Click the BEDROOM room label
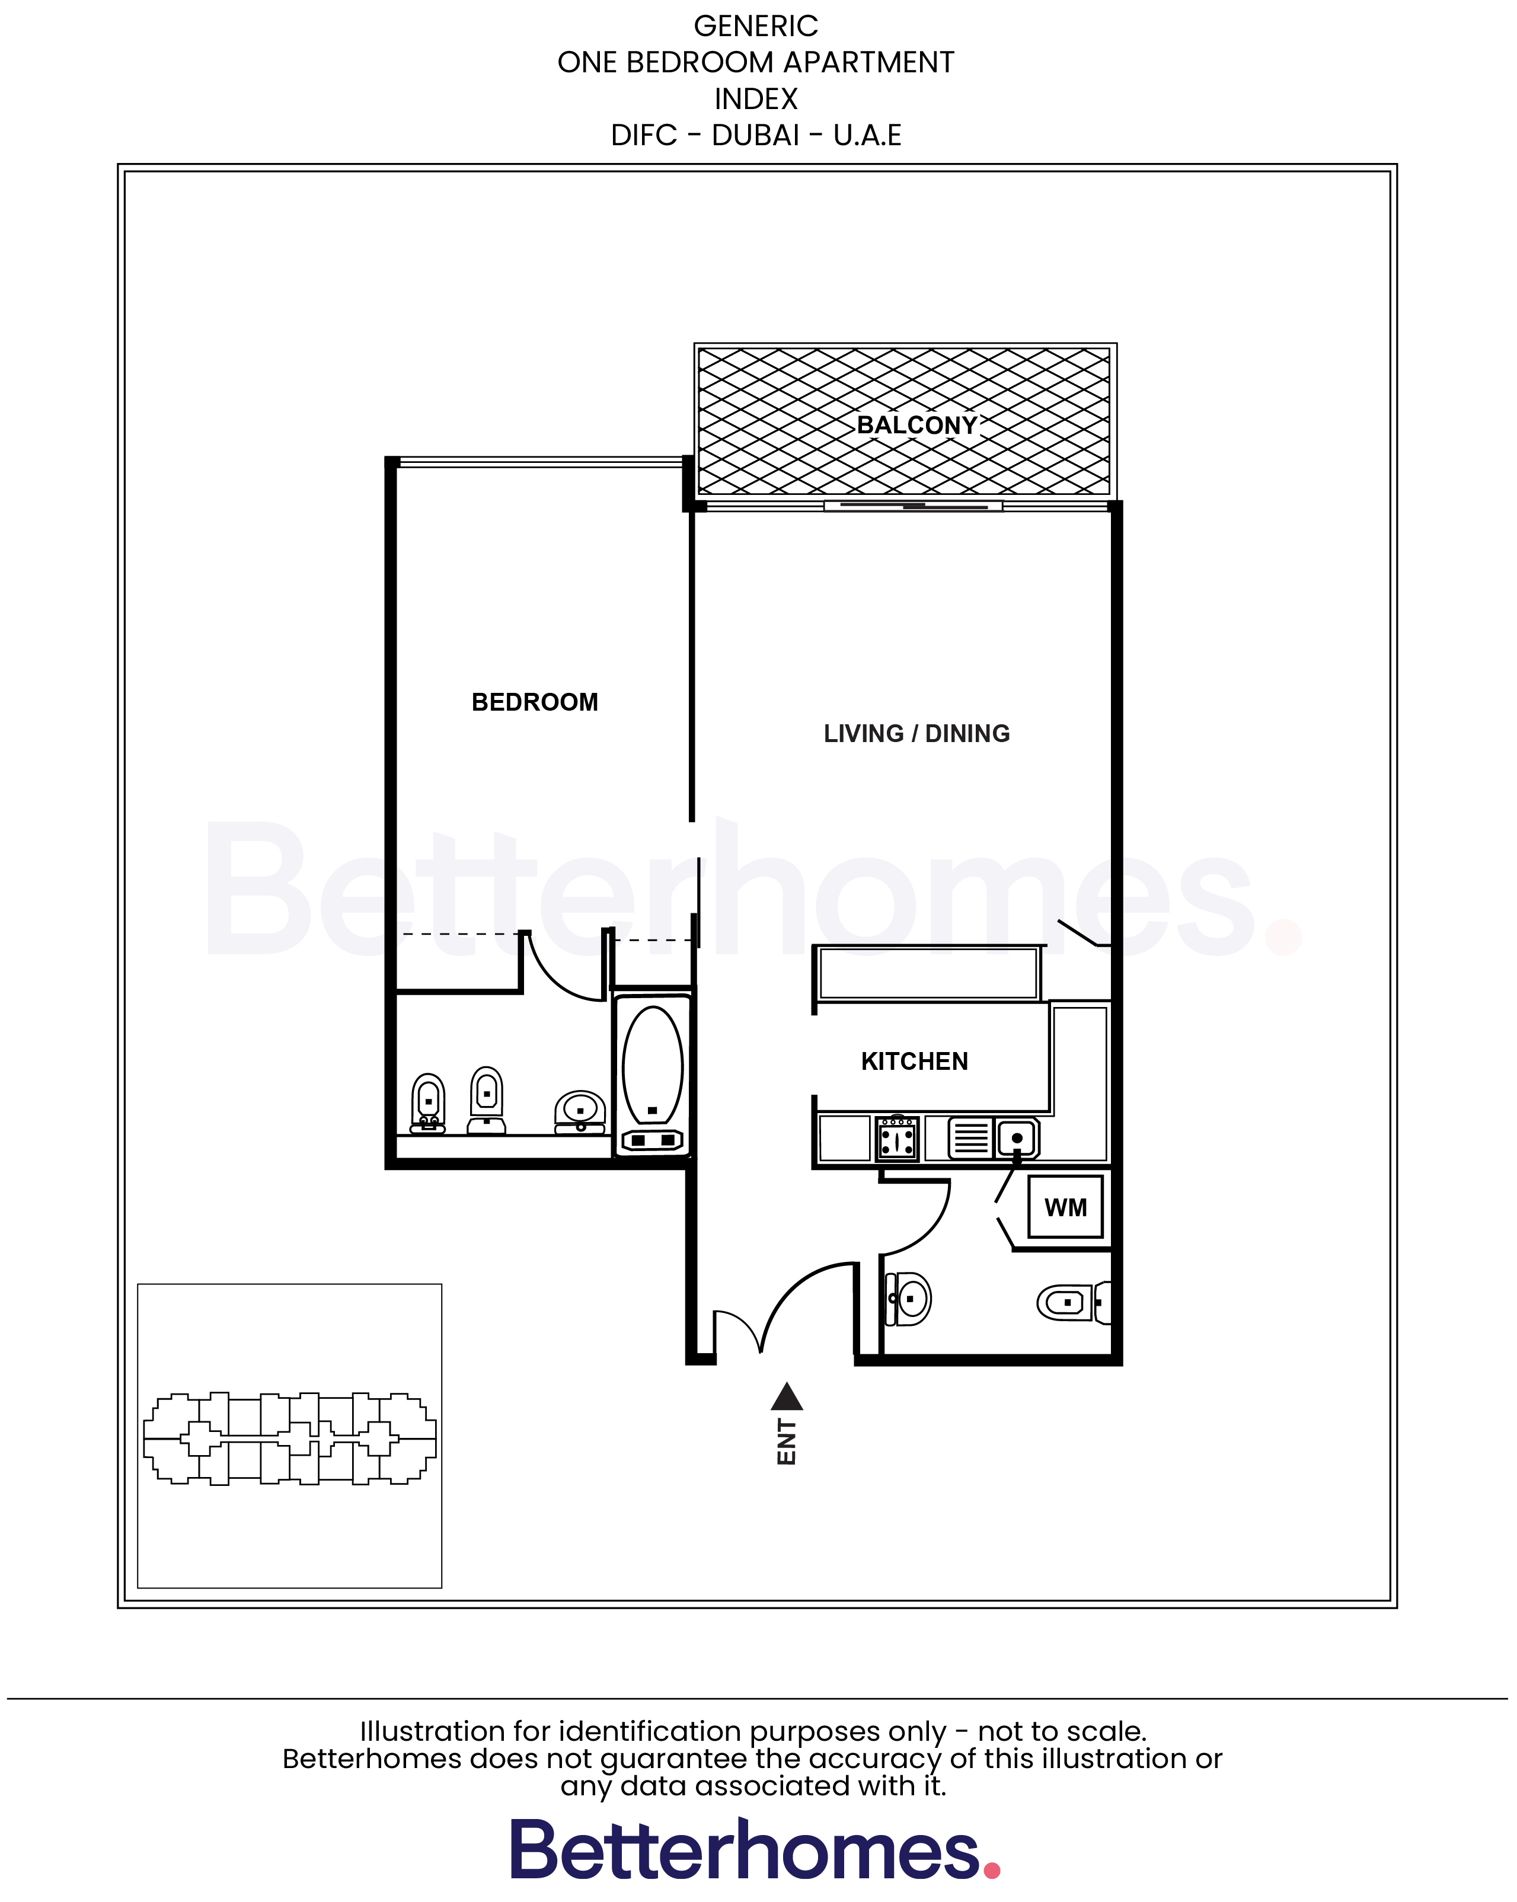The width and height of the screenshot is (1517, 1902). coord(534,702)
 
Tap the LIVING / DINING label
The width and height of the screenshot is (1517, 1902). coord(916,734)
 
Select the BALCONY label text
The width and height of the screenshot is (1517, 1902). coord(917,425)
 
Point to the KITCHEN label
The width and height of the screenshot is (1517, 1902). coord(914,1062)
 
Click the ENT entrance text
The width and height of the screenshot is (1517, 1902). coord(786,1443)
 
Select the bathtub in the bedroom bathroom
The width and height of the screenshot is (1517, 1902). coord(652,1067)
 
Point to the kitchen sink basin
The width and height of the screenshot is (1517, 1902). coord(1017,1138)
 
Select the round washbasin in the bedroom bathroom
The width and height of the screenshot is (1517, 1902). coord(580,1110)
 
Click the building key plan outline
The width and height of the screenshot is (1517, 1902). coord(289,1439)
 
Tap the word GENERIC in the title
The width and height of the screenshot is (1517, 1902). coord(755,27)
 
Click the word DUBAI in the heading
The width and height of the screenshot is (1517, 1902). coord(755,136)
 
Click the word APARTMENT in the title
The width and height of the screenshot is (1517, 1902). coord(868,63)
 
